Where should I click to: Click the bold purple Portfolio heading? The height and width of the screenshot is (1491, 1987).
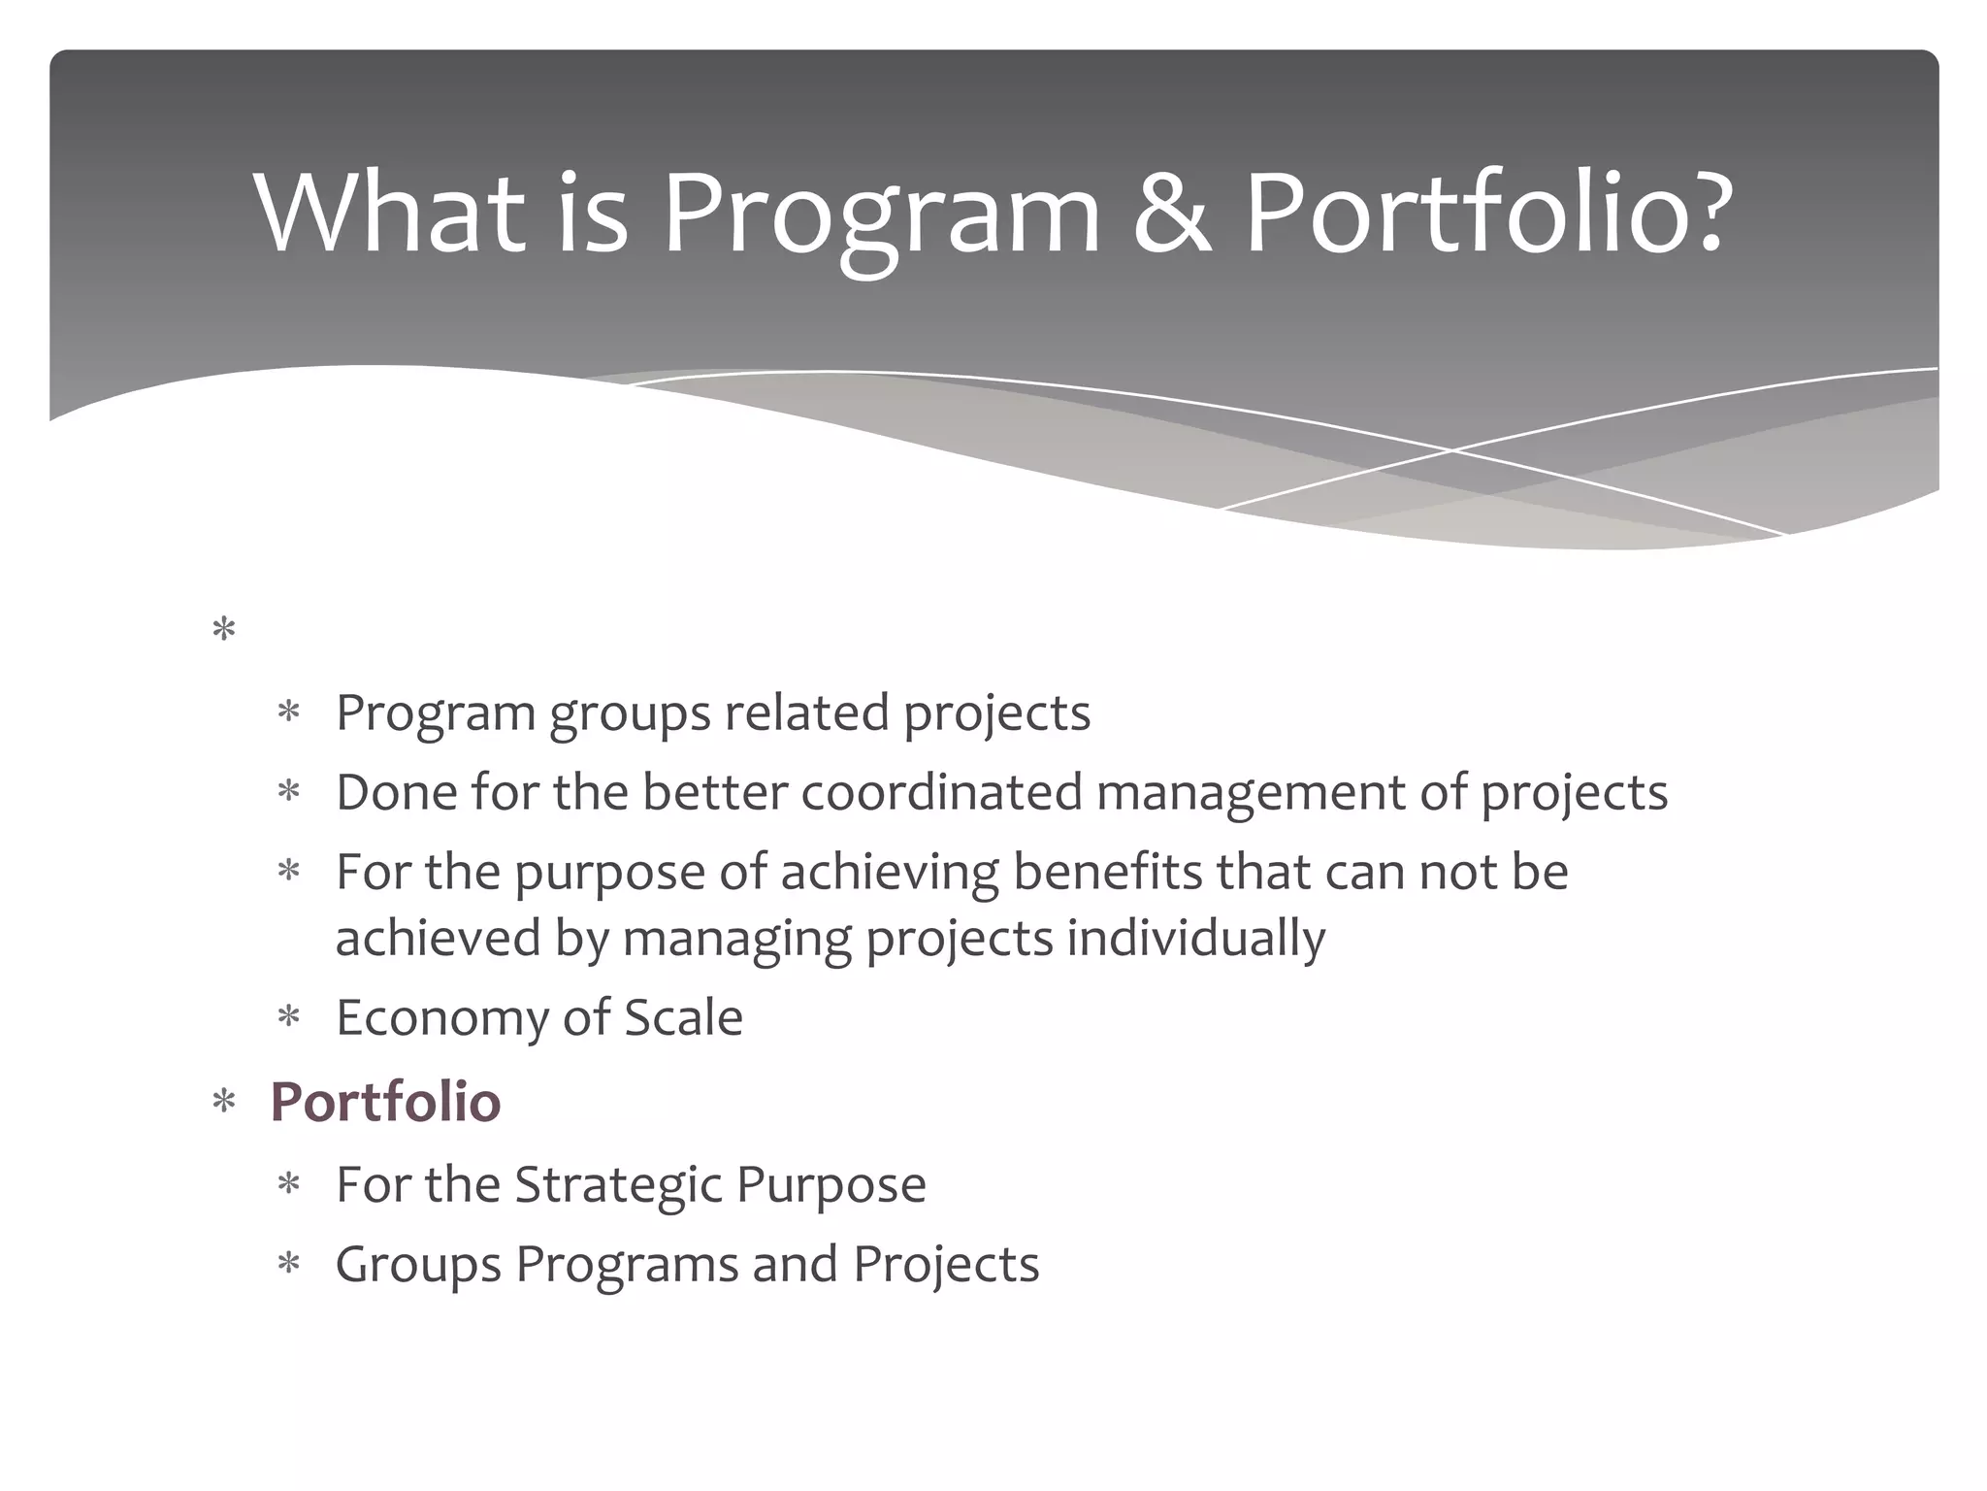(x=385, y=1102)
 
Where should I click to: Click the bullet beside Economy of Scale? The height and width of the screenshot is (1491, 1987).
(x=288, y=1018)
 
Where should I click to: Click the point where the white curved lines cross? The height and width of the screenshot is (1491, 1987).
(x=1452, y=450)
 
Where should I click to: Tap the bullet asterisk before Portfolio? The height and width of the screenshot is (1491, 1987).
(x=224, y=1103)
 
